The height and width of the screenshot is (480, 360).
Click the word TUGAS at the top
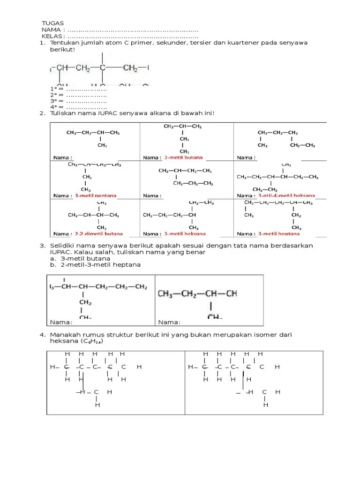point(52,23)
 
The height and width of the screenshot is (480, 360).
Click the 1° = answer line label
point(57,89)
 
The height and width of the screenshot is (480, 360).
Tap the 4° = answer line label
point(57,107)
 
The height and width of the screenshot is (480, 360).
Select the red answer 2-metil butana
point(183,158)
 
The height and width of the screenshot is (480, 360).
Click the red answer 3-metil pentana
point(95,195)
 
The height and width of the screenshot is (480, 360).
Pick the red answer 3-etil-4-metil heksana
point(286,195)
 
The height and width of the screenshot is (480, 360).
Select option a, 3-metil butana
point(83,258)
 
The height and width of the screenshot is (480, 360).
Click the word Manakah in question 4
point(65,335)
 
